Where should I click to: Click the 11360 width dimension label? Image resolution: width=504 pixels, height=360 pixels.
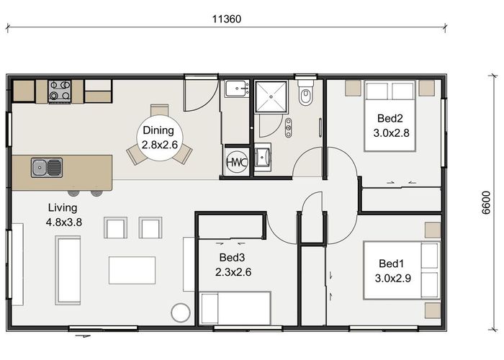(227, 19)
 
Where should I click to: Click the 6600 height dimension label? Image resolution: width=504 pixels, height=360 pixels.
(486, 202)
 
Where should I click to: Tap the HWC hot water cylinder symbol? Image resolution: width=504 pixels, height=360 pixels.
(237, 162)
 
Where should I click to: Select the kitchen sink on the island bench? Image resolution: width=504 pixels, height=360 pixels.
(47, 168)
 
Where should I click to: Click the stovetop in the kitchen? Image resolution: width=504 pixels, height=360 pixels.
(60, 91)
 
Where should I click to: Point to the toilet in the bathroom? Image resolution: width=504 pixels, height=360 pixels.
(305, 93)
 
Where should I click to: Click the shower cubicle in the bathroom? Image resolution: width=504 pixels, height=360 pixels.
(271, 96)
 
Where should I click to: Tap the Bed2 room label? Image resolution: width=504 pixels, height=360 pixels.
(390, 118)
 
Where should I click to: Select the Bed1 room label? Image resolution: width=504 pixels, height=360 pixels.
(391, 264)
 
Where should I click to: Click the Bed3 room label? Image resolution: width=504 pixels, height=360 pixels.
(232, 257)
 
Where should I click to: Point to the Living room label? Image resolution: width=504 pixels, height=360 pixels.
(63, 208)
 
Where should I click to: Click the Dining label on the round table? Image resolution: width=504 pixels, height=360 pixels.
(158, 130)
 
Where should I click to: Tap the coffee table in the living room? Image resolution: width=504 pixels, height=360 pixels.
(132, 270)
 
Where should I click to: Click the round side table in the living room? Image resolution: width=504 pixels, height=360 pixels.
(181, 312)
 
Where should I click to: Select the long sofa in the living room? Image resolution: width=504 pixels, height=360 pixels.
(68, 270)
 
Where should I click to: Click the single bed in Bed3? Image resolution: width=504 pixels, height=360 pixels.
(235, 308)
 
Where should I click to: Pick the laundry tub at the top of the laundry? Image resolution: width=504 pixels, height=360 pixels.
(237, 89)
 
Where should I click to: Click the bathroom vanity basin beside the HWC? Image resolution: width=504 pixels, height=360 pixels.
(263, 158)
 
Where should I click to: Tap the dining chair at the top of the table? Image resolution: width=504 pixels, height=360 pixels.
(159, 109)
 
